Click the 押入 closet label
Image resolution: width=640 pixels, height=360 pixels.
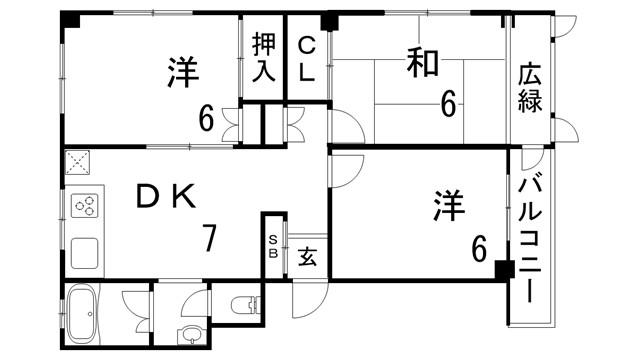pyautogui.click(x=264, y=57)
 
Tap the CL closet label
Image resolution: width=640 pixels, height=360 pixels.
pyautogui.click(x=308, y=58)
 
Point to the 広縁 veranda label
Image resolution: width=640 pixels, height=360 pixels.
pyautogui.click(x=530, y=87)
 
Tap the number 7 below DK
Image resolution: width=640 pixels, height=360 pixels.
pyautogui.click(x=210, y=238)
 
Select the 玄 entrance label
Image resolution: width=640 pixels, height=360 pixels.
pyautogui.click(x=308, y=257)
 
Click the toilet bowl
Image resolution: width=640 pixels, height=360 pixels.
pyautogui.click(x=241, y=304)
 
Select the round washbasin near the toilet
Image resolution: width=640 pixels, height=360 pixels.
pyautogui.click(x=187, y=335)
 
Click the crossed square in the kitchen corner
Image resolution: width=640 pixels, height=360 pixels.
pyautogui.click(x=78, y=162)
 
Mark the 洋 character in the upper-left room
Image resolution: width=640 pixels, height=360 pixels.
pyautogui.click(x=182, y=72)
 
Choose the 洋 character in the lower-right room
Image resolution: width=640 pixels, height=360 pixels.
pyautogui.click(x=449, y=208)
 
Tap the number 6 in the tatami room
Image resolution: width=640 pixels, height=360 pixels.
pyautogui.click(x=448, y=102)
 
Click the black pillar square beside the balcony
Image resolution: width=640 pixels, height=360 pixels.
pyautogui.click(x=503, y=269)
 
